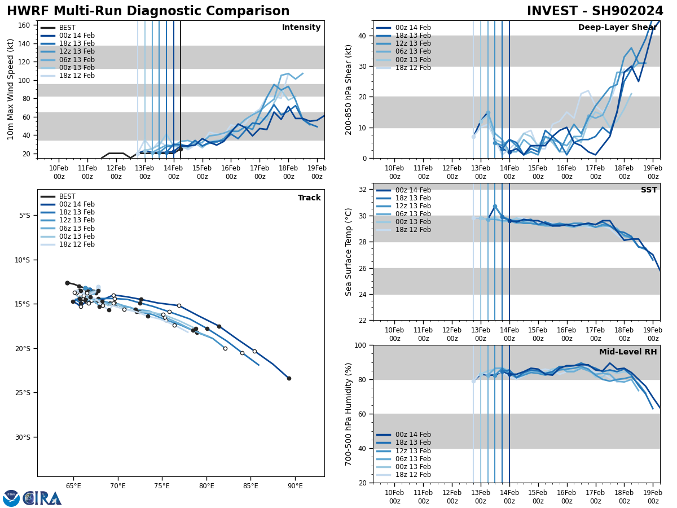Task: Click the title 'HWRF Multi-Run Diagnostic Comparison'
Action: tap(148, 11)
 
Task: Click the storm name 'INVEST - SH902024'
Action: tap(595, 11)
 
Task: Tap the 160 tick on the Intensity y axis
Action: tap(24, 25)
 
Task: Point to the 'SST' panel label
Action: tap(648, 190)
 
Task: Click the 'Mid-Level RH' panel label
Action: tap(628, 352)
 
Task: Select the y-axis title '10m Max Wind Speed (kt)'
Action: tap(11, 89)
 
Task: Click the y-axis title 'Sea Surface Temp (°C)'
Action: tap(349, 252)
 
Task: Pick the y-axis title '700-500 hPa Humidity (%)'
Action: tap(349, 414)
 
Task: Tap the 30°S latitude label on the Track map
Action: tap(23, 437)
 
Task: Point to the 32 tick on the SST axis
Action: tap(363, 190)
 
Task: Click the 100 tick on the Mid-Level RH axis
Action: tap(361, 345)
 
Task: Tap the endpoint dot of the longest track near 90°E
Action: tap(289, 378)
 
